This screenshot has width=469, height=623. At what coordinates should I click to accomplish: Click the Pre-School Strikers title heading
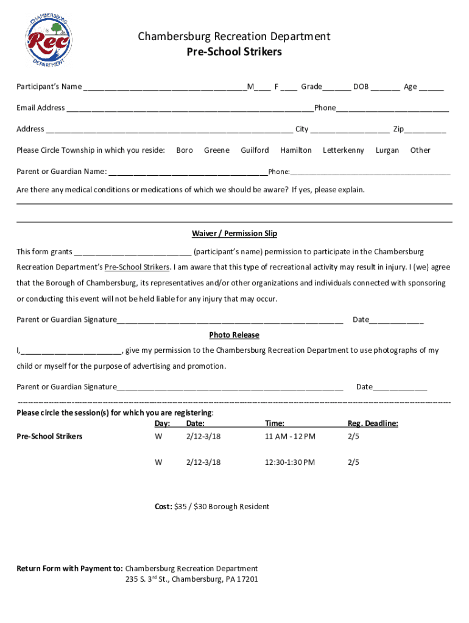(x=234, y=52)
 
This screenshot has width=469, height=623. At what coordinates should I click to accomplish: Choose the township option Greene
(x=217, y=150)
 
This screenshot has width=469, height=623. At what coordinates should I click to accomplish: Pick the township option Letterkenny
(x=344, y=150)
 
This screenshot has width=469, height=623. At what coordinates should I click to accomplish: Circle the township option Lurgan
(x=387, y=150)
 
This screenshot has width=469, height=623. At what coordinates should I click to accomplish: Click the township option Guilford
(x=255, y=150)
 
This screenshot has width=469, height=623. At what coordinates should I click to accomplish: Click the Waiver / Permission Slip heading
(x=234, y=234)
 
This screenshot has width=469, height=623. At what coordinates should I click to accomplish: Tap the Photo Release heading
(x=234, y=335)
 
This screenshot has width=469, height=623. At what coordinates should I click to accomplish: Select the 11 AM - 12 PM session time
(x=290, y=437)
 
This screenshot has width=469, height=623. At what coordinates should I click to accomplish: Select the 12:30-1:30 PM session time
(x=290, y=462)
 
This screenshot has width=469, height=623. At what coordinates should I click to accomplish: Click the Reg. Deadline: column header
(x=373, y=423)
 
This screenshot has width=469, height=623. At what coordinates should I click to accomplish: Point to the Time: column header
(x=275, y=423)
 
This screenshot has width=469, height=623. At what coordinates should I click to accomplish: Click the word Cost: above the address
(x=163, y=507)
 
